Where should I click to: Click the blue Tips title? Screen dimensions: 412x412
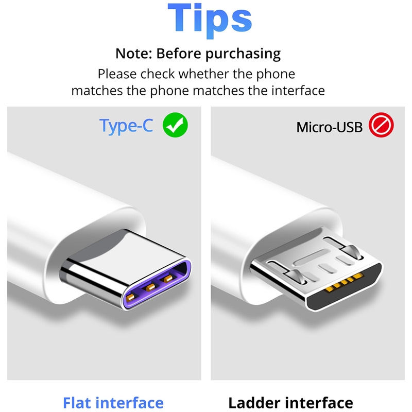point(210,21)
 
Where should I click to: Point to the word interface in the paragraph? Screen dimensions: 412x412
point(298,91)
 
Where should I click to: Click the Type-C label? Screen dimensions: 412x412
point(126,126)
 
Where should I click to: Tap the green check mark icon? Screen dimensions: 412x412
point(175,125)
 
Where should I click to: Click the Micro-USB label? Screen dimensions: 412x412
point(330,127)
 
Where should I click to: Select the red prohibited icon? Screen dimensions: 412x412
point(381,125)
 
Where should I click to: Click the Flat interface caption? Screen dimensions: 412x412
point(113,403)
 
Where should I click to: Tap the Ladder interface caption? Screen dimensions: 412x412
point(290,403)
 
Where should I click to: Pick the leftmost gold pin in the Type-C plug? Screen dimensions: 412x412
point(130,298)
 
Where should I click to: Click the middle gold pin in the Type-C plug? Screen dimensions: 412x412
point(150,287)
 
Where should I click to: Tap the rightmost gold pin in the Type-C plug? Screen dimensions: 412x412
point(168,279)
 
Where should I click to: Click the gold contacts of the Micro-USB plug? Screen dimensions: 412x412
point(344,283)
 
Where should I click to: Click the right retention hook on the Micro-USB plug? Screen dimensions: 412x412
point(353,251)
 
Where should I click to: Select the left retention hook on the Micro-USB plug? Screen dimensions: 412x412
point(297,277)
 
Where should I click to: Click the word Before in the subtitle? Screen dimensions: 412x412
point(179,54)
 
